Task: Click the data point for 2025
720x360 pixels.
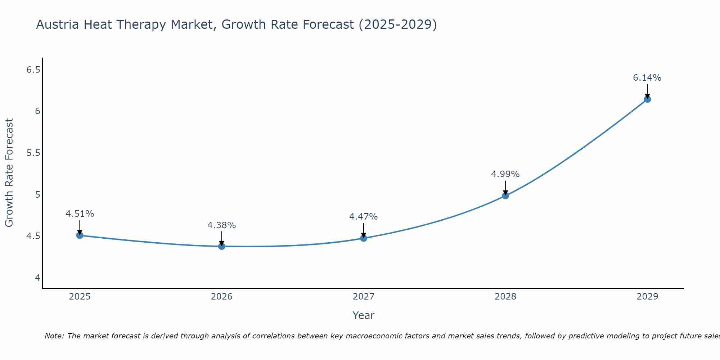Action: click(x=80, y=235)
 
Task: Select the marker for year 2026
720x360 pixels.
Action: click(x=221, y=246)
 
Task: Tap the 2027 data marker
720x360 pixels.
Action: click(x=363, y=238)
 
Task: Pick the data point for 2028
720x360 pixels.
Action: click(x=505, y=196)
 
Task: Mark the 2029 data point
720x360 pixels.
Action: click(x=647, y=99)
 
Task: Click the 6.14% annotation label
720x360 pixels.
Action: click(x=647, y=78)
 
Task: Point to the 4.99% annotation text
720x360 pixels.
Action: click(x=505, y=174)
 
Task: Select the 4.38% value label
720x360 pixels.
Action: click(x=221, y=225)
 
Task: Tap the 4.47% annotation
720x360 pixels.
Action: click(x=363, y=217)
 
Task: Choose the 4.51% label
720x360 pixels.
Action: click(x=80, y=214)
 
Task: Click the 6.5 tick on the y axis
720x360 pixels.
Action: click(x=33, y=70)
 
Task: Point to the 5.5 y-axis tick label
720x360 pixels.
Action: click(x=33, y=153)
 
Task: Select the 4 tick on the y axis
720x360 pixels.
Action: click(x=37, y=278)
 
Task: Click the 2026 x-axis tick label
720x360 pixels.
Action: click(x=221, y=297)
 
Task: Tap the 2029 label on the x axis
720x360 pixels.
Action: click(x=647, y=297)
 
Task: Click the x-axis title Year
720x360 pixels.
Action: click(x=363, y=315)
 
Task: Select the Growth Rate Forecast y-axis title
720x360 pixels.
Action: click(x=9, y=173)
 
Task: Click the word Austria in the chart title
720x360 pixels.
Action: click(x=58, y=25)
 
